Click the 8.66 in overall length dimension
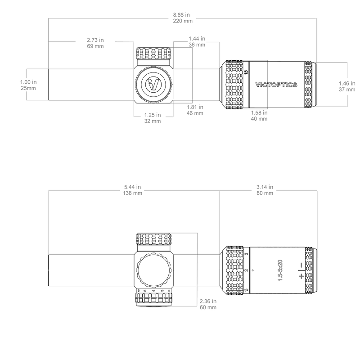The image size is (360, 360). pyautogui.click(x=183, y=18)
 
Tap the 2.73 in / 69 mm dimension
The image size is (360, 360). pyautogui.click(x=95, y=43)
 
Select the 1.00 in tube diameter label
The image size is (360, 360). pyautogui.click(x=28, y=85)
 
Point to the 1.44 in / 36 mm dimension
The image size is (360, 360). pyautogui.click(x=197, y=41)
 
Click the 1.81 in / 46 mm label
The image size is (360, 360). pyautogui.click(x=195, y=110)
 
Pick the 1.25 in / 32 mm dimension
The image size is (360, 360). pyautogui.click(x=153, y=118)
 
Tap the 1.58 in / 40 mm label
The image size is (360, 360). pyautogui.click(x=259, y=116)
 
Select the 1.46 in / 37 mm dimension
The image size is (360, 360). pyautogui.click(x=347, y=86)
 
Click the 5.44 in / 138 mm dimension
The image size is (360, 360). pyautogui.click(x=132, y=190)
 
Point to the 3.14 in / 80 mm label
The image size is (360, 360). pyautogui.click(x=265, y=190)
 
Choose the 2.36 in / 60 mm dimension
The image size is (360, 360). pyautogui.click(x=208, y=304)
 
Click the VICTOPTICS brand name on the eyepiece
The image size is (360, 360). pyautogui.click(x=276, y=85)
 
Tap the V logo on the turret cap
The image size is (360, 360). pyautogui.click(x=153, y=84)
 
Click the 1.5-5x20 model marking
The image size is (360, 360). pyautogui.click(x=280, y=270)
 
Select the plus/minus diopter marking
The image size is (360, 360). pyautogui.click(x=301, y=270)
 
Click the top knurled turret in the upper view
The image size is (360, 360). pyautogui.click(x=153, y=53)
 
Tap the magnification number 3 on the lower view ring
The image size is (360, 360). pyautogui.click(x=247, y=254)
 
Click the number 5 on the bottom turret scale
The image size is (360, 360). pyautogui.click(x=145, y=291)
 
